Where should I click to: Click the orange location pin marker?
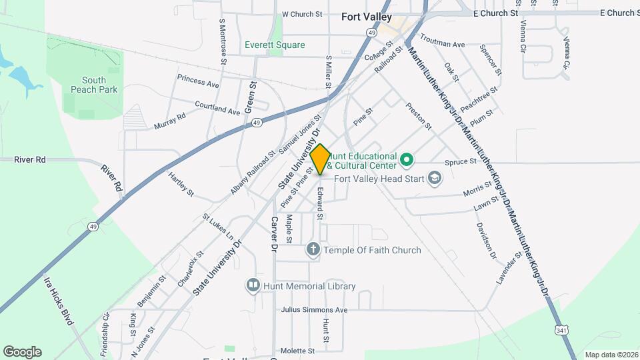pos(320,159)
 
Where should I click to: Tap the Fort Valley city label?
pos(366,17)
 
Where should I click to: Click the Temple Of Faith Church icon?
pos(313,250)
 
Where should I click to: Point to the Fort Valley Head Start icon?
pos(435,178)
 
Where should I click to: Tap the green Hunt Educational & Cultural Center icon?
pos(406,160)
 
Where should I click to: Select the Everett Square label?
pos(275,45)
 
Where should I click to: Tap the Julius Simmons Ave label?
pos(314,310)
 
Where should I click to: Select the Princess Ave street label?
pos(198,81)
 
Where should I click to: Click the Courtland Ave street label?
pos(217,107)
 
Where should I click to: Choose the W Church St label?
pos(302,13)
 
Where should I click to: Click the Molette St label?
pos(297,351)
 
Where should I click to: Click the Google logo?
pos(22,352)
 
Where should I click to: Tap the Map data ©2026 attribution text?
pos(611,355)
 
